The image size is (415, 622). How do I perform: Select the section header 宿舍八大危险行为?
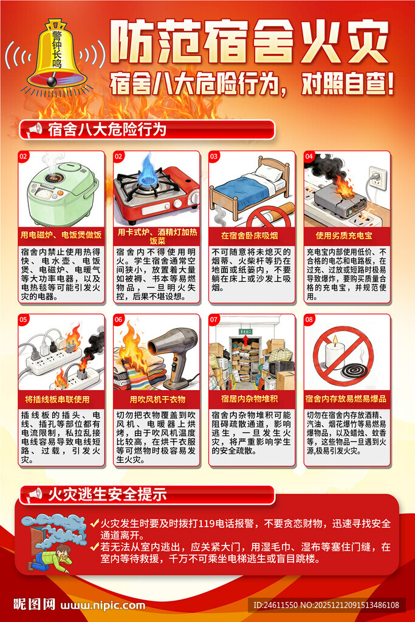click(x=106, y=129)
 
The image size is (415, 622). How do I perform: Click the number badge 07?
click(x=214, y=320)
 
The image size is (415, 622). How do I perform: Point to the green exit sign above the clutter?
click(x=245, y=332)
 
